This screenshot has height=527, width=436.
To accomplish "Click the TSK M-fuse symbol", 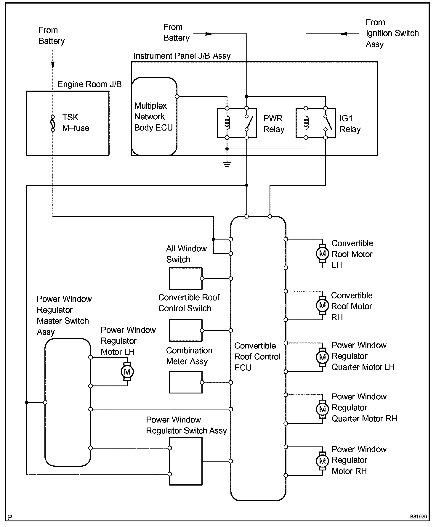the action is tap(53, 123).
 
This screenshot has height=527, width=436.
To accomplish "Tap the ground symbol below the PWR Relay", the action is tap(227, 164).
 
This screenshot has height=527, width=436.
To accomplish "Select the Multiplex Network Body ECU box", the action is tap(154, 116).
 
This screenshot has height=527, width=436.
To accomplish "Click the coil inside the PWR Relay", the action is tap(227, 123).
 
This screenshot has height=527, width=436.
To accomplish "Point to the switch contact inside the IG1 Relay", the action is tap(326, 123).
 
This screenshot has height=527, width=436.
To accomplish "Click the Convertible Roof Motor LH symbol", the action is tap(322, 253).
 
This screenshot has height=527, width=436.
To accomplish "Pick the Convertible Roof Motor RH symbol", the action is tap(322, 305).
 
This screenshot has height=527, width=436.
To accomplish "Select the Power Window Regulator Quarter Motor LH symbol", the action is tap(322, 357).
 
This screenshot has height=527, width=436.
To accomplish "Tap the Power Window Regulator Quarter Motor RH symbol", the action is tap(322, 409).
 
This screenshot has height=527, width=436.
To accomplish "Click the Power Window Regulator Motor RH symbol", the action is tap(322, 461).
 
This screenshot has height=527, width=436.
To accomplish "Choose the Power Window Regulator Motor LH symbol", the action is tap(127, 372).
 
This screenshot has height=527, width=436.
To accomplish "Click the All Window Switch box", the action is tap(186, 279).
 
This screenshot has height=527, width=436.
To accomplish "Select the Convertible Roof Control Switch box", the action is tap(186, 330).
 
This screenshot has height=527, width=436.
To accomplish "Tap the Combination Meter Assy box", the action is tap(186, 382).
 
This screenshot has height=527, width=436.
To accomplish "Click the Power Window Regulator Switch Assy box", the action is tap(186, 461).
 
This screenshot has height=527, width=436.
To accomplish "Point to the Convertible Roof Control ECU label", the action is tap(257, 357).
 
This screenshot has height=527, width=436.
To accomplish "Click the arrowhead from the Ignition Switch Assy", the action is tap(344, 34).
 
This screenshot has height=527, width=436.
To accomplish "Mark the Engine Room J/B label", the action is tap(89, 84).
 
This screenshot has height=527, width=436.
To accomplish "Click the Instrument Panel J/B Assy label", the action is tap(182, 56).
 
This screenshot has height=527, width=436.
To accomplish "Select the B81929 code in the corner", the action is tap(419, 517).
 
